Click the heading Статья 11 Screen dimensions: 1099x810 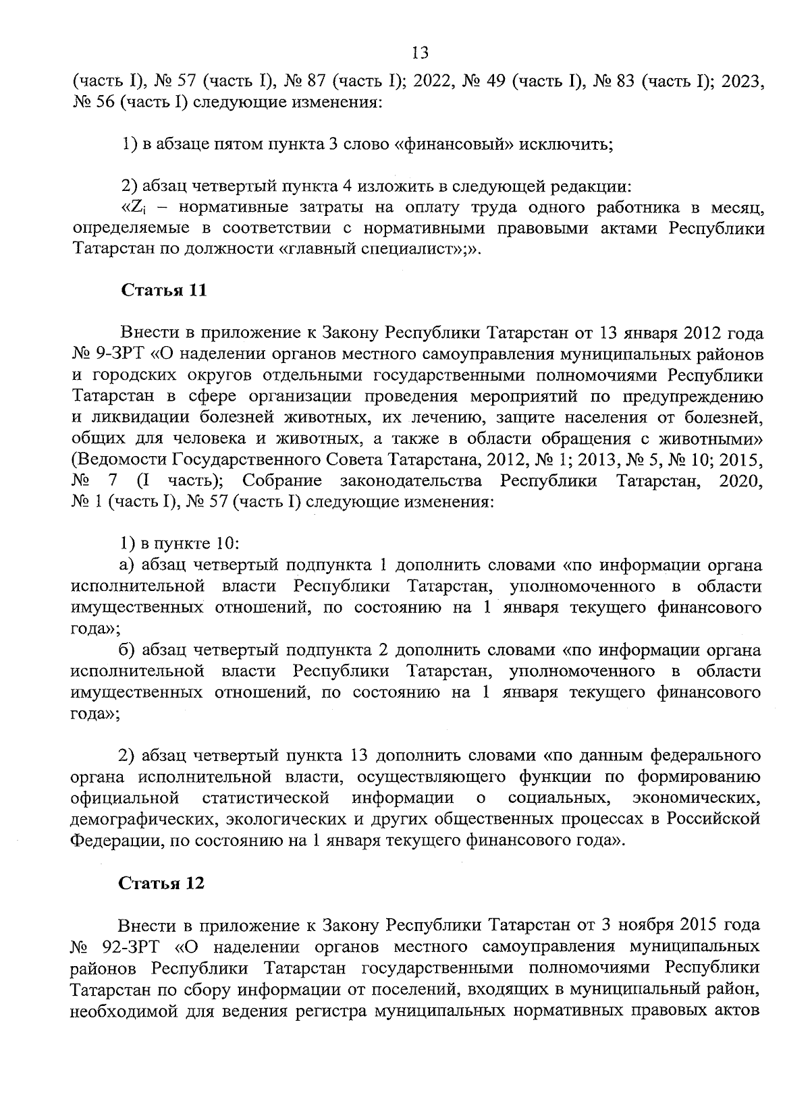point(163,291)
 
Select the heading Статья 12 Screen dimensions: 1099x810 point(162,884)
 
